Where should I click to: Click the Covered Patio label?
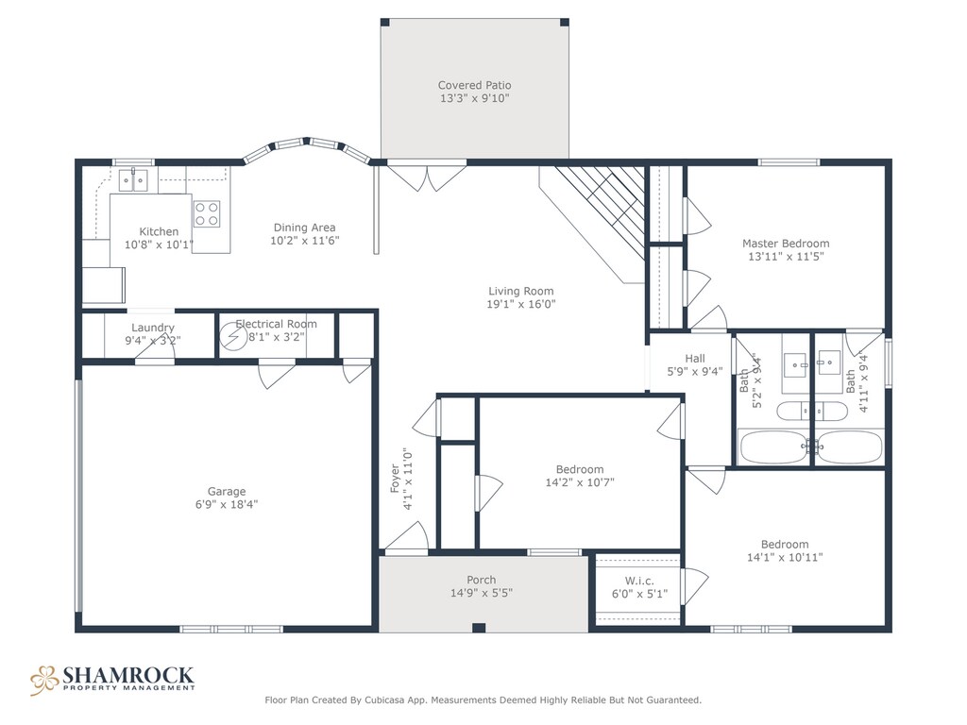coord(474,85)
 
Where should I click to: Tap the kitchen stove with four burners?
coord(207,214)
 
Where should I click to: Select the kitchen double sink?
coord(134,180)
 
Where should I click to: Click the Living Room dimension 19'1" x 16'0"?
coord(521,304)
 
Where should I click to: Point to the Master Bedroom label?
coord(786,244)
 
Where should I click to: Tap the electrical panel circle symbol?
coord(234,337)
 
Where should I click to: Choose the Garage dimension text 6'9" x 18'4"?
coord(227,504)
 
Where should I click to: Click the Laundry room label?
coord(153,328)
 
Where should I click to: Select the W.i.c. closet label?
coord(639,581)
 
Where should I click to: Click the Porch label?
coord(481,580)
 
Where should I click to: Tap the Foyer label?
coord(395,479)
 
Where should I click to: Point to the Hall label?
coord(695,358)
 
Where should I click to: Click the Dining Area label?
coord(305,228)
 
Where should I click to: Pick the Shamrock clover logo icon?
coord(44,680)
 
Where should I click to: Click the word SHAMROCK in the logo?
coord(128,675)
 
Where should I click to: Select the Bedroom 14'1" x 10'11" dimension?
coord(785,557)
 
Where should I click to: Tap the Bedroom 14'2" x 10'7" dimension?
coord(580,482)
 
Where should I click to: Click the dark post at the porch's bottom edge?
coord(479,628)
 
